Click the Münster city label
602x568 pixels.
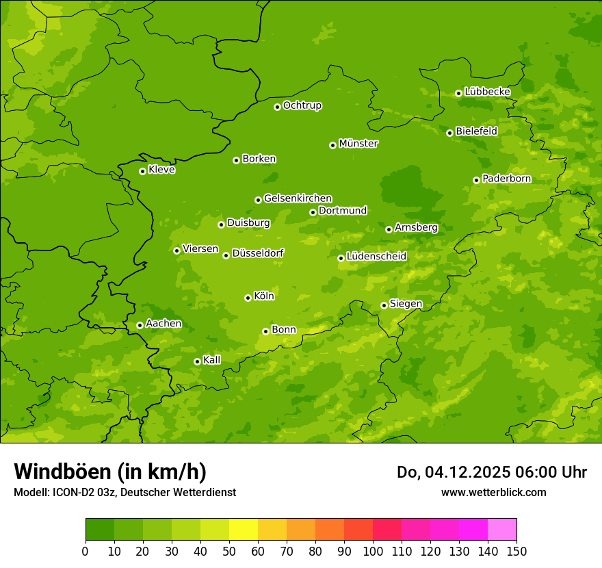point(358,144)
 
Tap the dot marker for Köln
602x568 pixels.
point(248,298)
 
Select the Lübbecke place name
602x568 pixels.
point(487,92)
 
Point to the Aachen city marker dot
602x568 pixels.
point(140,325)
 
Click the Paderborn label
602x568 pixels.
point(506,179)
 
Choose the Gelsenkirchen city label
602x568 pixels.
point(298,198)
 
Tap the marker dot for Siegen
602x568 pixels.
point(384,305)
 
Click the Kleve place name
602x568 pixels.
point(161,170)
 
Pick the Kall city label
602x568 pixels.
point(211,360)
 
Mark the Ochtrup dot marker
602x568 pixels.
point(277,107)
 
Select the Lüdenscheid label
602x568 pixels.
point(376,257)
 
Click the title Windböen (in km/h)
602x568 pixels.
point(110,472)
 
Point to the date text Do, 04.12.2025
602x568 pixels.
point(453,472)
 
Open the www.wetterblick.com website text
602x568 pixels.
point(493,492)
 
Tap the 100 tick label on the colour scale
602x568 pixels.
point(373,551)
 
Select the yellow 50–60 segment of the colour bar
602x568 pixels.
point(244,530)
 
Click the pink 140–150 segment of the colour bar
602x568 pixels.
point(502,530)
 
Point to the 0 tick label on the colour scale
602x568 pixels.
point(86,551)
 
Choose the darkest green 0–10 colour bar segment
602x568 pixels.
point(100,530)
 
